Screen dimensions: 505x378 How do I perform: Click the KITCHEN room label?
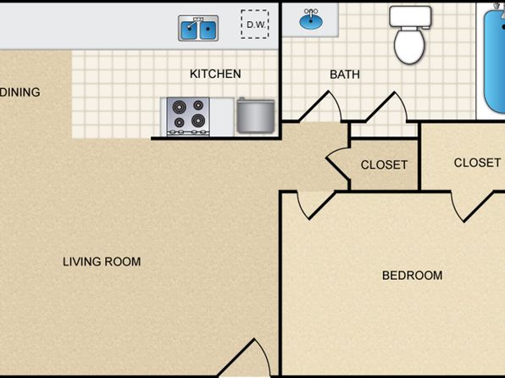click(215, 74)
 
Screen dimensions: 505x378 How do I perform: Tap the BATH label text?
click(345, 75)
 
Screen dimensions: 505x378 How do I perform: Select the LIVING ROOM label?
click(102, 262)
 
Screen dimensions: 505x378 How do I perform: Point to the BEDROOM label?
click(413, 275)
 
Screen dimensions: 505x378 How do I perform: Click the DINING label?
click(20, 92)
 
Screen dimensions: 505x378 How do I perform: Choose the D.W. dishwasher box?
click(255, 25)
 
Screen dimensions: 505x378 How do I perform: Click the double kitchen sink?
click(198, 28)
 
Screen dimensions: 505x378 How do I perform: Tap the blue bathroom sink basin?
click(310, 20)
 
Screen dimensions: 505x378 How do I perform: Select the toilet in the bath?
click(409, 35)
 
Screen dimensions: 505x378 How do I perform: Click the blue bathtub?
click(494, 61)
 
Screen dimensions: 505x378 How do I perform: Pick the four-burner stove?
click(188, 117)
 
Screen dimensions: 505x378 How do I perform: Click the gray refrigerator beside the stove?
click(256, 115)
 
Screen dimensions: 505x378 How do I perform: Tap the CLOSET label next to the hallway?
click(384, 165)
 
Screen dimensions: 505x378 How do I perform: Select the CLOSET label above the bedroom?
click(477, 163)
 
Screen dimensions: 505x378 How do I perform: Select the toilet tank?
click(410, 16)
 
